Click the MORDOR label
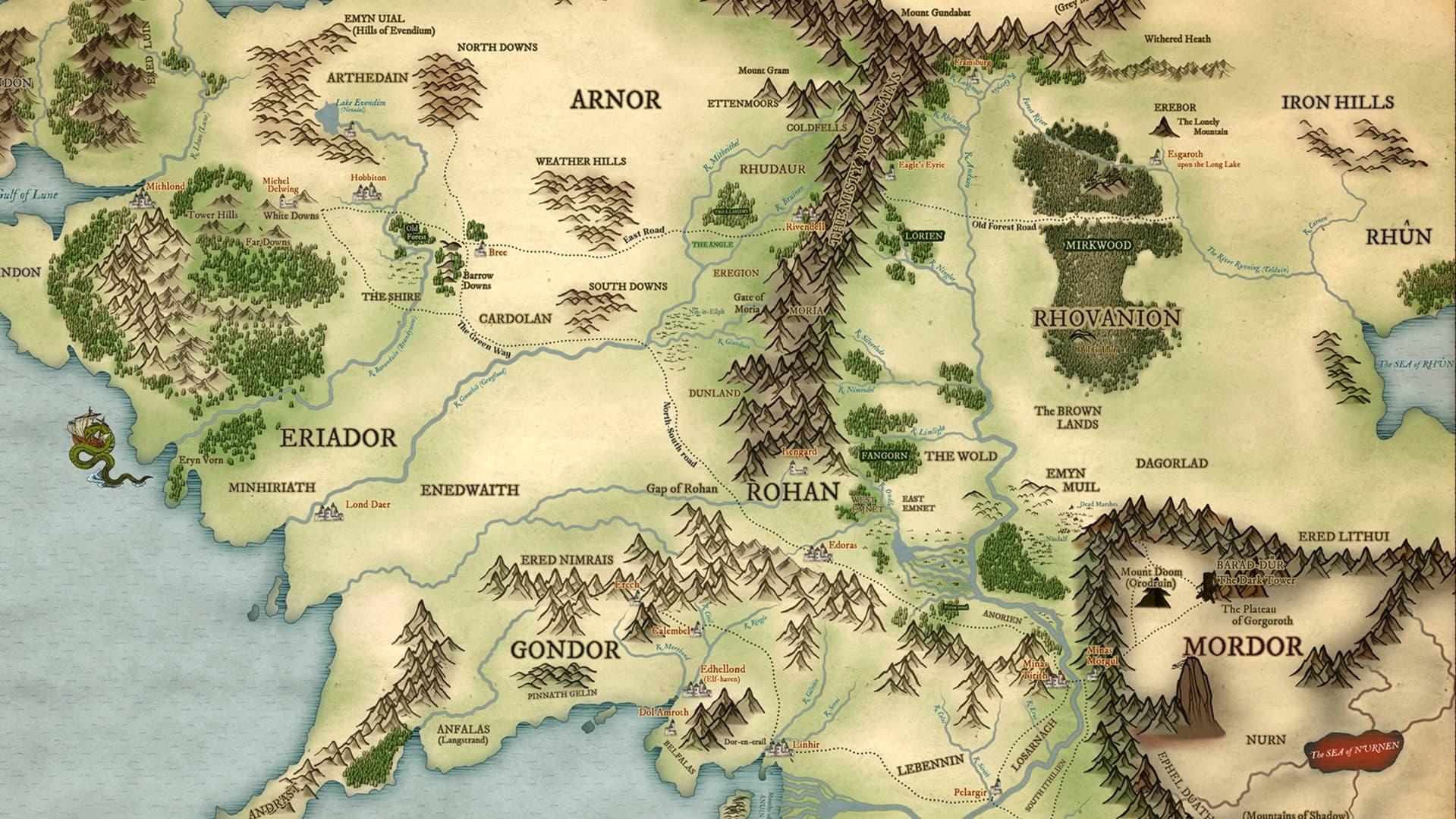[x=1242, y=647]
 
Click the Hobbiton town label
[x=368, y=178]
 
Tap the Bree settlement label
[x=498, y=253]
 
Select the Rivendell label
[x=804, y=226]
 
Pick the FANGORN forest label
[x=884, y=455]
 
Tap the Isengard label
[x=799, y=452]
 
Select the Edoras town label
[x=844, y=545]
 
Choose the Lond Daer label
[x=367, y=504]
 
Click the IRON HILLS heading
[x=1338, y=102]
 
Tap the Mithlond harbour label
[x=165, y=186]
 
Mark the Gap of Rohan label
[x=681, y=488]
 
